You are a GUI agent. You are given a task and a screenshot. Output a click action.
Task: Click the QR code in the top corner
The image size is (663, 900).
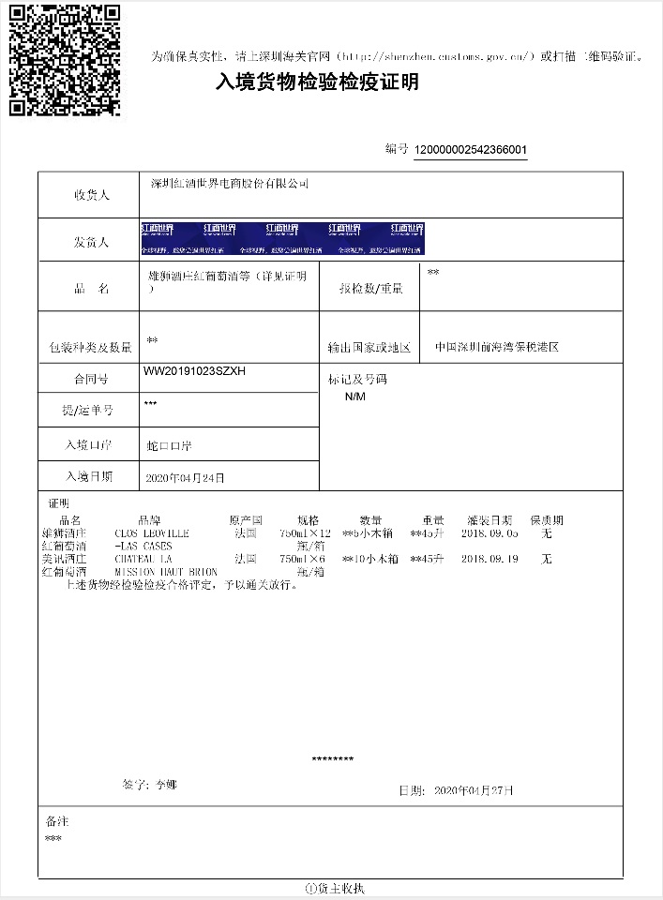[x=65, y=60]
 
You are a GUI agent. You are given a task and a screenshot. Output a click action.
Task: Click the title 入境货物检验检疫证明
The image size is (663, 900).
[x=317, y=83]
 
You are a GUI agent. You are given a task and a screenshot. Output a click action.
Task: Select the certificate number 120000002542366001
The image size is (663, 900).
[x=470, y=150]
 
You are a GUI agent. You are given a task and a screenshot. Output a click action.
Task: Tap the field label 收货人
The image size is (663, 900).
[x=92, y=196]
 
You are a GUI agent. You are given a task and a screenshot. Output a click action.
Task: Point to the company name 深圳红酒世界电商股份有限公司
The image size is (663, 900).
[x=230, y=184]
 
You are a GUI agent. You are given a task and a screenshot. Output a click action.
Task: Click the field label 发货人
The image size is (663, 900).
[x=92, y=242]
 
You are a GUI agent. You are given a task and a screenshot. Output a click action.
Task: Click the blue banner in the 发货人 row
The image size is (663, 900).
[x=282, y=239]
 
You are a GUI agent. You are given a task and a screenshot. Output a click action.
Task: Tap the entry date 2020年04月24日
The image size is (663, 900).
[x=186, y=478]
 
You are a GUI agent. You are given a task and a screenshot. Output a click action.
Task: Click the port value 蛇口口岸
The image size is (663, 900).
[x=171, y=445]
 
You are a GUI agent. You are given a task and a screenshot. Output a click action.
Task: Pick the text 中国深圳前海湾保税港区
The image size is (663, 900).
[x=497, y=347]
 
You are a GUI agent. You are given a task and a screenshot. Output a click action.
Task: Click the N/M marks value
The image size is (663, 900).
[x=355, y=397]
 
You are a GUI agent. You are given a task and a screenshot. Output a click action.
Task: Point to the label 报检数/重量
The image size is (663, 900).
[x=371, y=290]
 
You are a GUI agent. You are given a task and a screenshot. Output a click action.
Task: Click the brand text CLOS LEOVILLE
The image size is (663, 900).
[x=152, y=533]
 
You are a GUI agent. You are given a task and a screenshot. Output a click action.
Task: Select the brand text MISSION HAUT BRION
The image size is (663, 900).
[x=166, y=571]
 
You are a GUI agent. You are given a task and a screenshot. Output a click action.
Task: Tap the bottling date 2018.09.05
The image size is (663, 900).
[x=490, y=533]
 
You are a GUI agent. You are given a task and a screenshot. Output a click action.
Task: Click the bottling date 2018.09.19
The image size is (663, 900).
[x=490, y=559]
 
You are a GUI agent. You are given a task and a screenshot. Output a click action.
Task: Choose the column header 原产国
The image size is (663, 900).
[x=246, y=520]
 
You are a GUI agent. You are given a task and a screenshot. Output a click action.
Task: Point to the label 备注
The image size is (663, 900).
[x=57, y=820]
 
